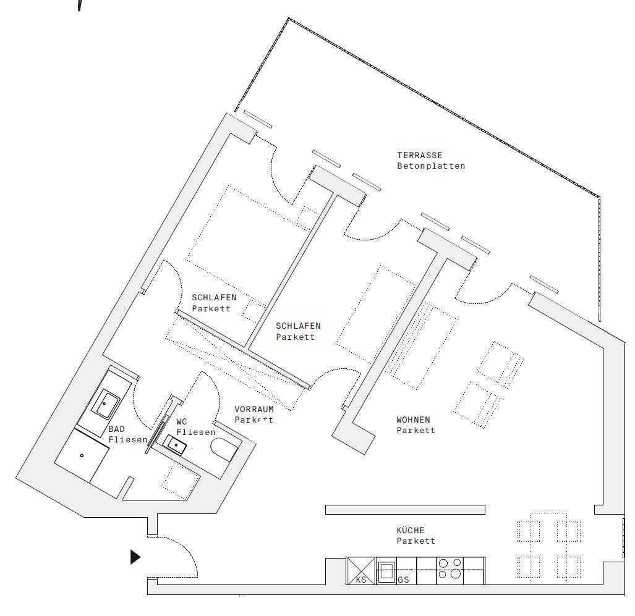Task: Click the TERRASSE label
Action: pyautogui.click(x=419, y=155)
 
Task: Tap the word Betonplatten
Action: pyautogui.click(x=430, y=166)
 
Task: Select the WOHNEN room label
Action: pyautogui.click(x=412, y=420)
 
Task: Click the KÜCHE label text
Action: pyautogui.click(x=411, y=530)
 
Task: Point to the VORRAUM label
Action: pyautogui.click(x=254, y=409)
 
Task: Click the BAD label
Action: pyautogui.click(x=116, y=429)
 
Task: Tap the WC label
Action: pyautogui.click(x=181, y=421)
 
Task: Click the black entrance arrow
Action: pyautogui.click(x=135, y=557)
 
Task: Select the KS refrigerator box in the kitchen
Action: pyautogui.click(x=360, y=571)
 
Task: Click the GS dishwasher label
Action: pyautogui.click(x=403, y=580)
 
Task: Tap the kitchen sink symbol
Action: pyautogui.click(x=387, y=570)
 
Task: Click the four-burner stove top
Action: pyautogui.click(x=450, y=570)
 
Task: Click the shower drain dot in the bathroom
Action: pyautogui.click(x=82, y=455)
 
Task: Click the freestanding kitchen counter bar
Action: pyautogui.click(x=405, y=510)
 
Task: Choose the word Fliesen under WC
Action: pyautogui.click(x=195, y=432)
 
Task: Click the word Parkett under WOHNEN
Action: pyautogui.click(x=416, y=431)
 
